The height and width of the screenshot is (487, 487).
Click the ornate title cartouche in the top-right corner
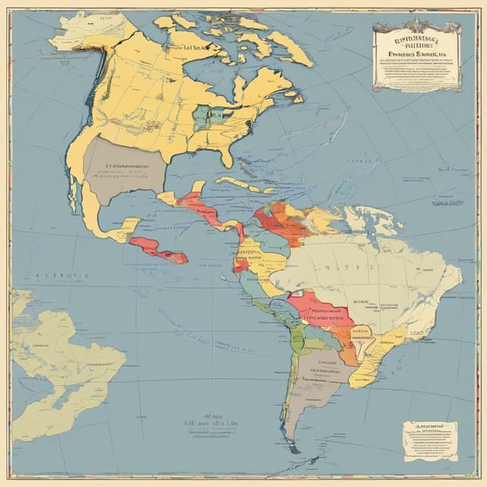[x=416, y=54]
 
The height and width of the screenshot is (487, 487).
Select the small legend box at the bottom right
[x=430, y=441]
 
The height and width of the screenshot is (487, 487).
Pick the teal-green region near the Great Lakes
[x=207, y=116]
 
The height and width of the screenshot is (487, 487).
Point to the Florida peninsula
[x=226, y=157]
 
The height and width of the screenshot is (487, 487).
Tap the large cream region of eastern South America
[x=373, y=274]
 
